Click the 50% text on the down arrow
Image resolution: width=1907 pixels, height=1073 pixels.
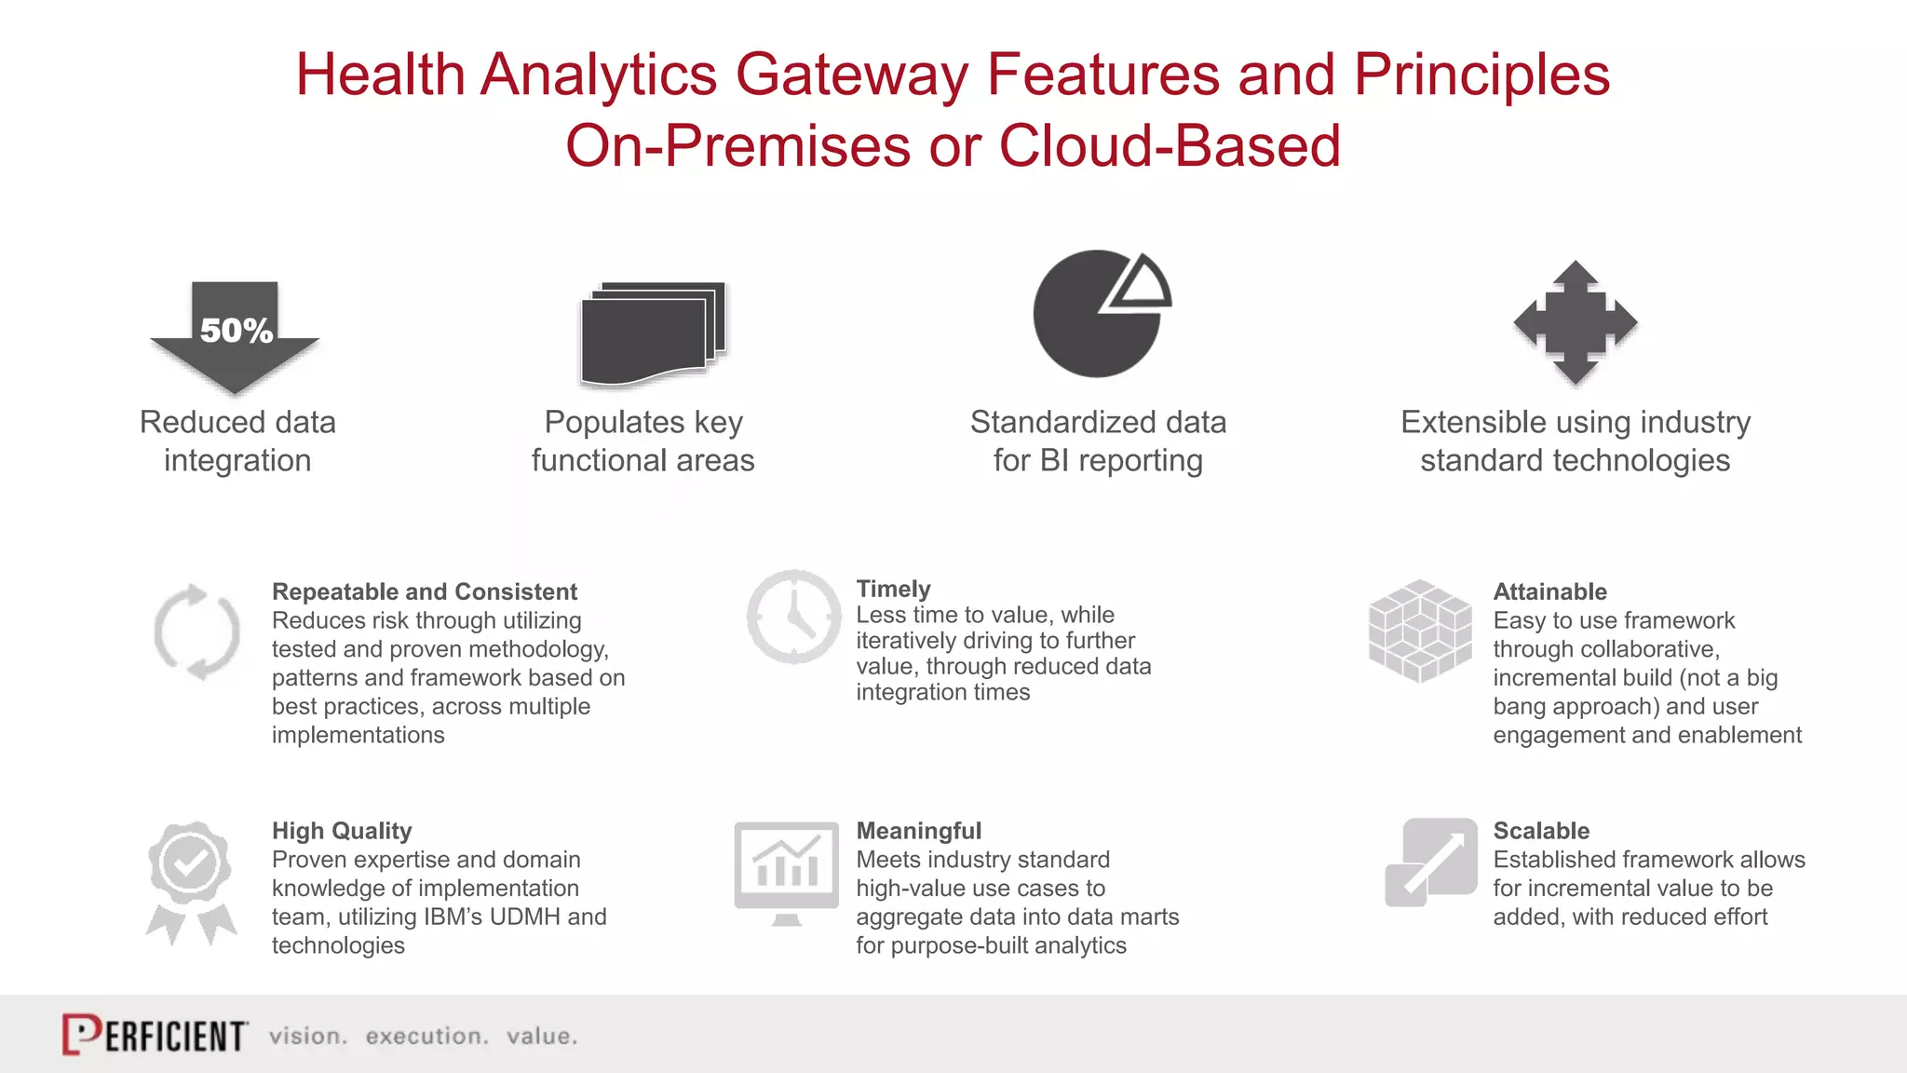pyautogui.click(x=236, y=331)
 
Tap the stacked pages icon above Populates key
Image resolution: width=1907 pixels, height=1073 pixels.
pyautogui.click(x=652, y=333)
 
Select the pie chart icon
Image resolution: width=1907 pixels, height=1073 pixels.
pyautogui.click(x=1099, y=314)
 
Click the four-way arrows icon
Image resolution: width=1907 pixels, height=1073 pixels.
pyautogui.click(x=1575, y=322)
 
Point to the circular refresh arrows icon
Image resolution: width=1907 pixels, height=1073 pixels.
pyautogui.click(x=196, y=632)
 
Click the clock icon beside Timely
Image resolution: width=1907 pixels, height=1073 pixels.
pyautogui.click(x=793, y=617)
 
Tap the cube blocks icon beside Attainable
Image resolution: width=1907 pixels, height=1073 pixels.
pyautogui.click(x=1419, y=631)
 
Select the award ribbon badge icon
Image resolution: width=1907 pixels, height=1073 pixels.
pyautogui.click(x=191, y=880)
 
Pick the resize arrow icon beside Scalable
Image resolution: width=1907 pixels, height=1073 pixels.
pyautogui.click(x=1431, y=862)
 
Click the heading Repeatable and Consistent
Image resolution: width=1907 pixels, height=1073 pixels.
pyautogui.click(x=424, y=591)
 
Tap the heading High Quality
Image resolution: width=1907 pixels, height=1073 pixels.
pyautogui.click(x=341, y=831)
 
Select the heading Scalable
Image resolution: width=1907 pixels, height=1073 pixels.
pyautogui.click(x=1540, y=831)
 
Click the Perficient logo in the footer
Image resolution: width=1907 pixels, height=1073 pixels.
pyautogui.click(x=155, y=1035)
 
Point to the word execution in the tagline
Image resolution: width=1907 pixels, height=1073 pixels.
pyautogui.click(x=426, y=1036)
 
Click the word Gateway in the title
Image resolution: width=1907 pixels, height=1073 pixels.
pyautogui.click(x=851, y=75)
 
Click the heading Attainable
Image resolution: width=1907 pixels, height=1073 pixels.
pyautogui.click(x=1549, y=591)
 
